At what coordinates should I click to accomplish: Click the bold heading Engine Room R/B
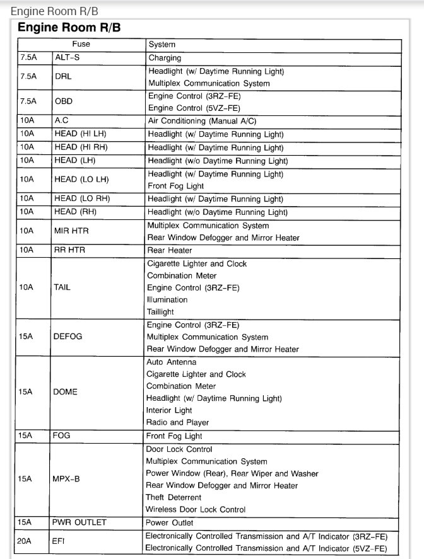[69, 28]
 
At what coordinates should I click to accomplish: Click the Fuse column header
[81, 45]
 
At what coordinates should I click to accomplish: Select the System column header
[162, 45]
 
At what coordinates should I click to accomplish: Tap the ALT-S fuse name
[68, 58]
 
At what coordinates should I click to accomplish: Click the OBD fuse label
[64, 101]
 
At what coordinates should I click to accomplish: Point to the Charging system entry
[165, 58]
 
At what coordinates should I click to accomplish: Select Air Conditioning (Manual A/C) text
[203, 120]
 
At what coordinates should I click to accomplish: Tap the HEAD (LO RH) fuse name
[82, 199]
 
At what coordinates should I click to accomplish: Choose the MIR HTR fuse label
[71, 231]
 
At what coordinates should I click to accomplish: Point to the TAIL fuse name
[62, 287]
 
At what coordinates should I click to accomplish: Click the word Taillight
[160, 311]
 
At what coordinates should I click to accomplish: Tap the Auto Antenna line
[171, 362]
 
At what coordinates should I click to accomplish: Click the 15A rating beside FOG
[25, 435]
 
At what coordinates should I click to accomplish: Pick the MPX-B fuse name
[67, 479]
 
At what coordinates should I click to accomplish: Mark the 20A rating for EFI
[25, 542]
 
